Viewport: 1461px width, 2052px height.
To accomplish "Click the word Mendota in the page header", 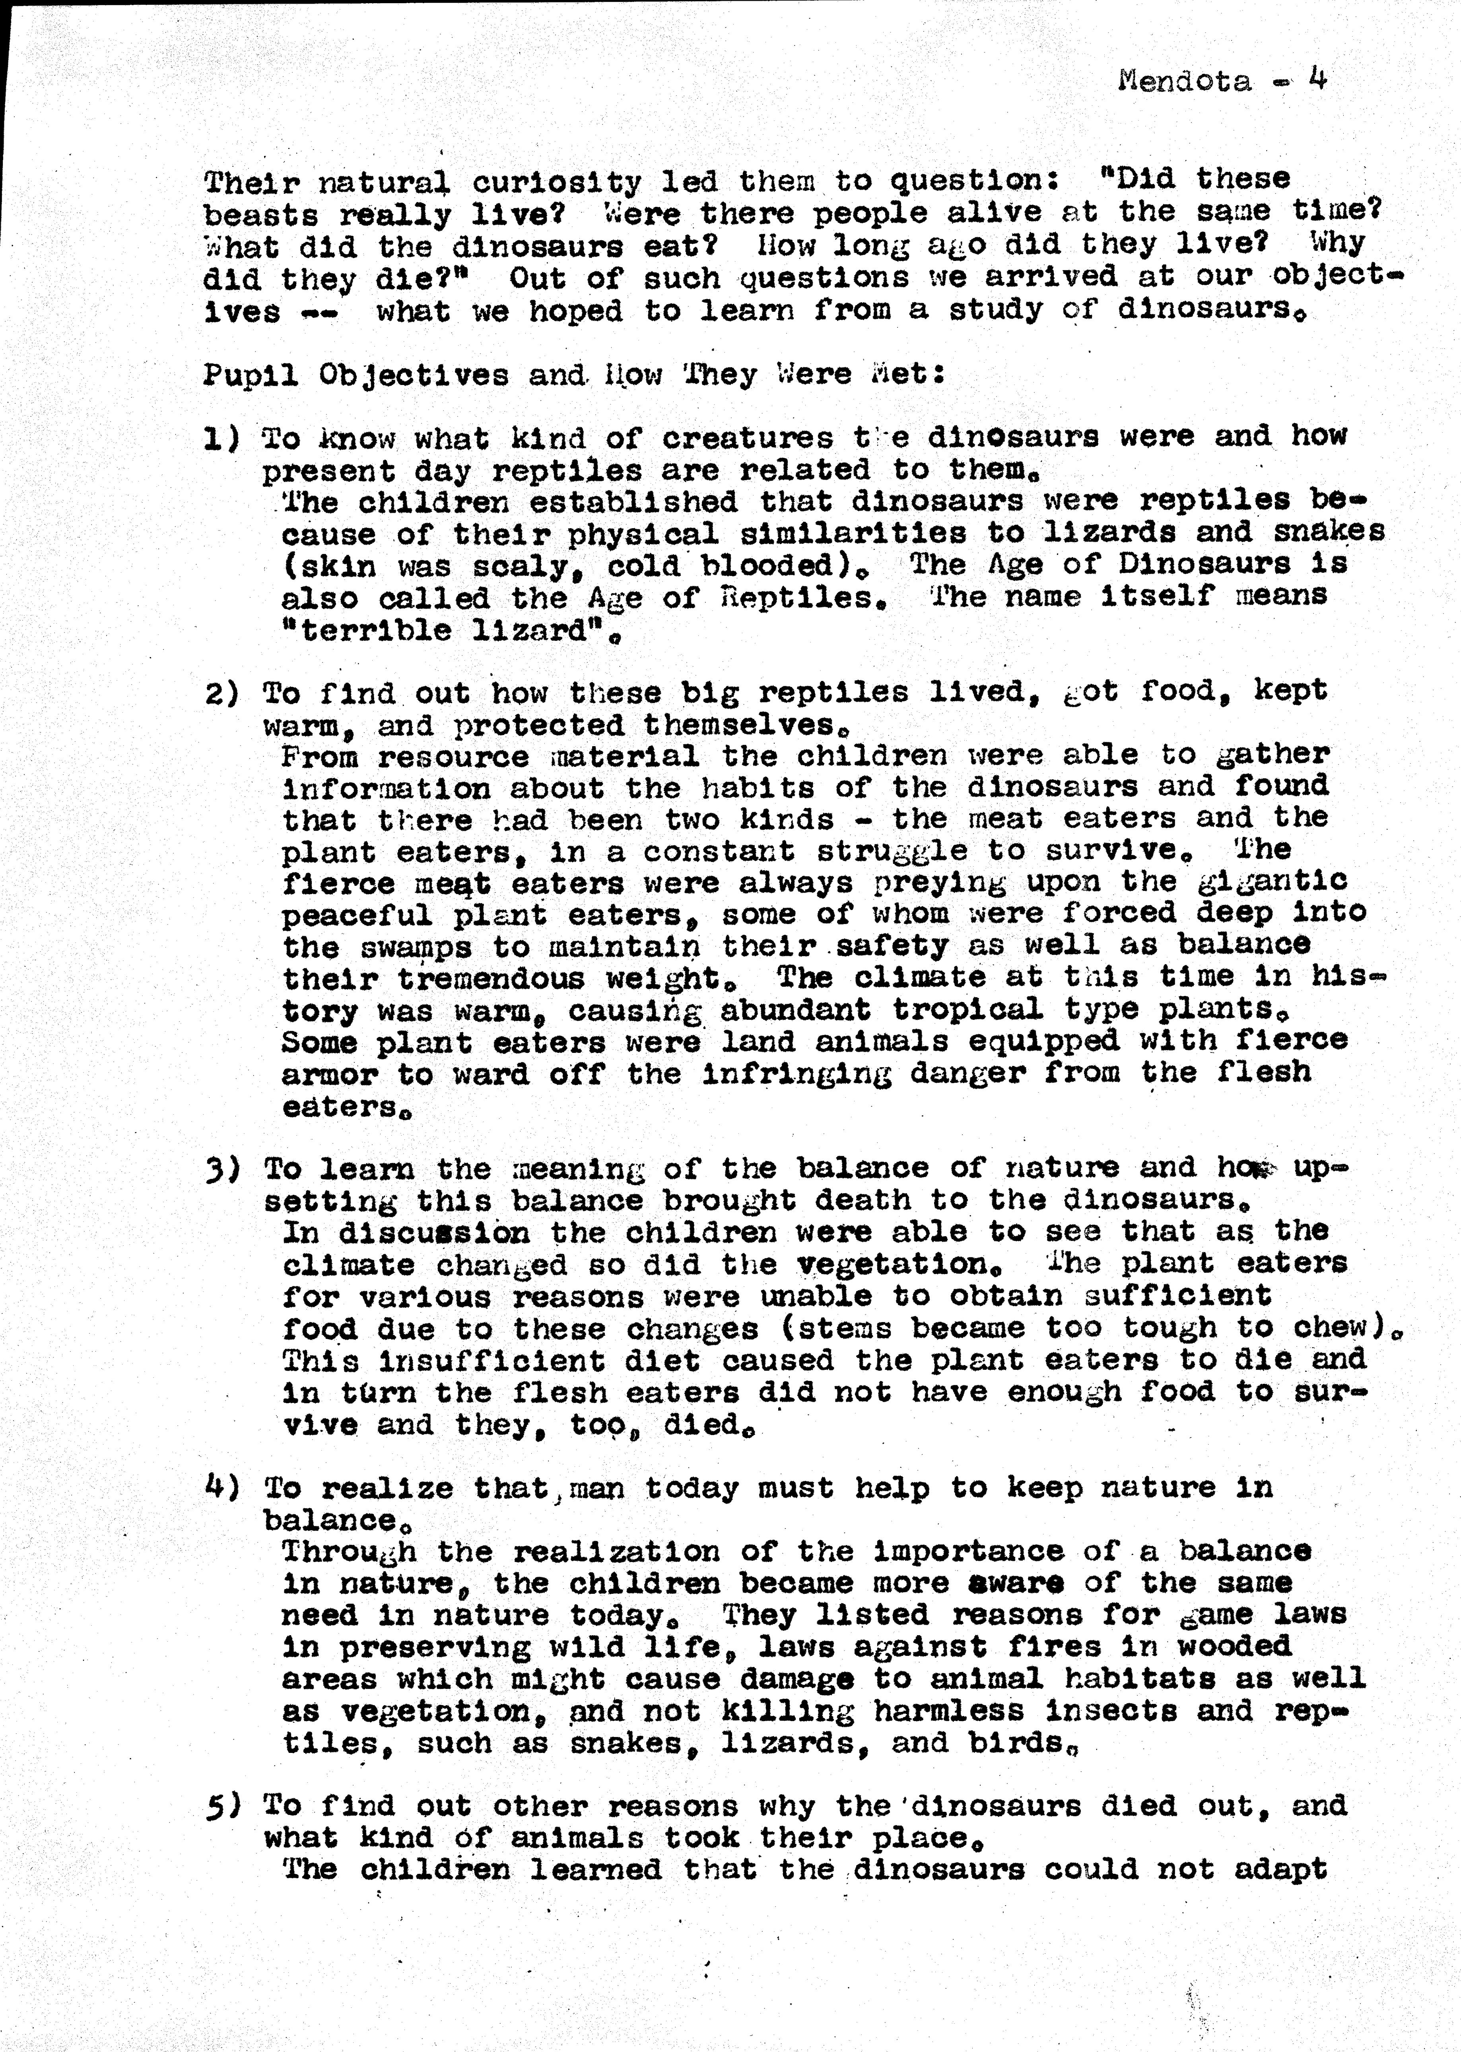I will [x=1184, y=82].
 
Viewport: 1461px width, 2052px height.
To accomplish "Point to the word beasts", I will [x=261, y=216].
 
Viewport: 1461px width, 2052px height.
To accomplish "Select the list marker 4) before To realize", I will [x=223, y=1488].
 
